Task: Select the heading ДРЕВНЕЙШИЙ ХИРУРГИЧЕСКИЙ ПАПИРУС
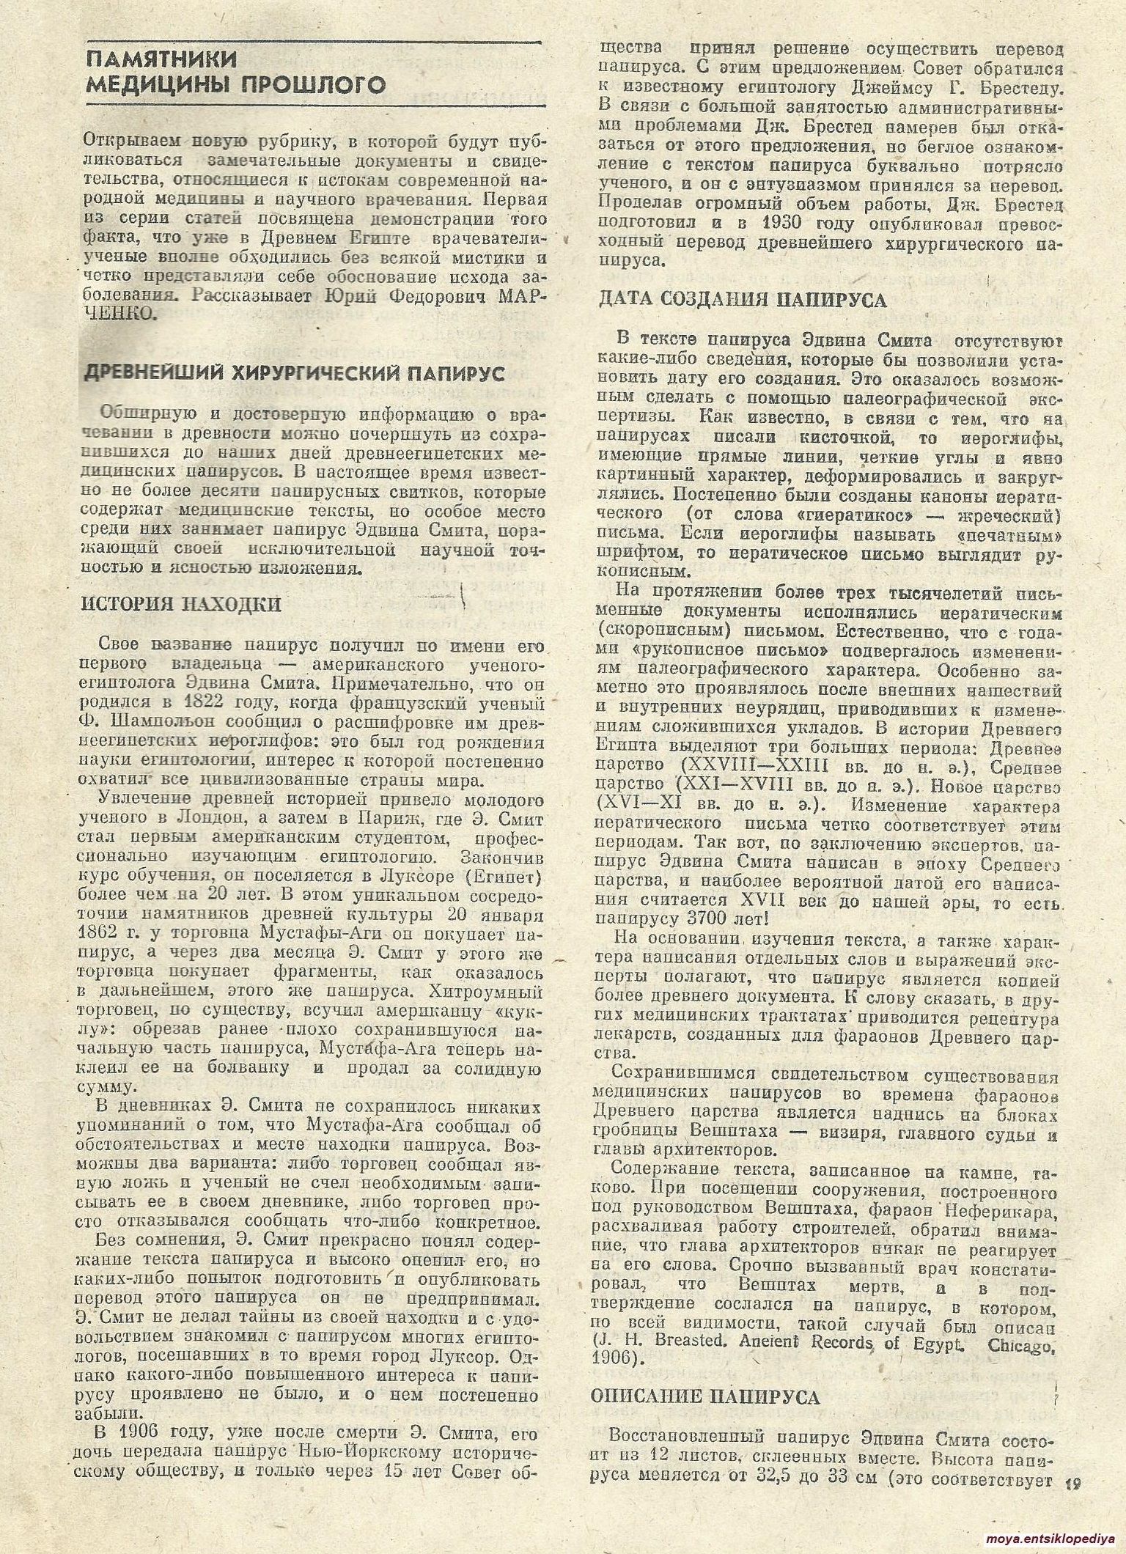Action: pyautogui.click(x=295, y=373)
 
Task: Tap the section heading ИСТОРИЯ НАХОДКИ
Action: pyautogui.click(x=180, y=604)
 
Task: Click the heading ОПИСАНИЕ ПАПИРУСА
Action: pyautogui.click(x=704, y=1397)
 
